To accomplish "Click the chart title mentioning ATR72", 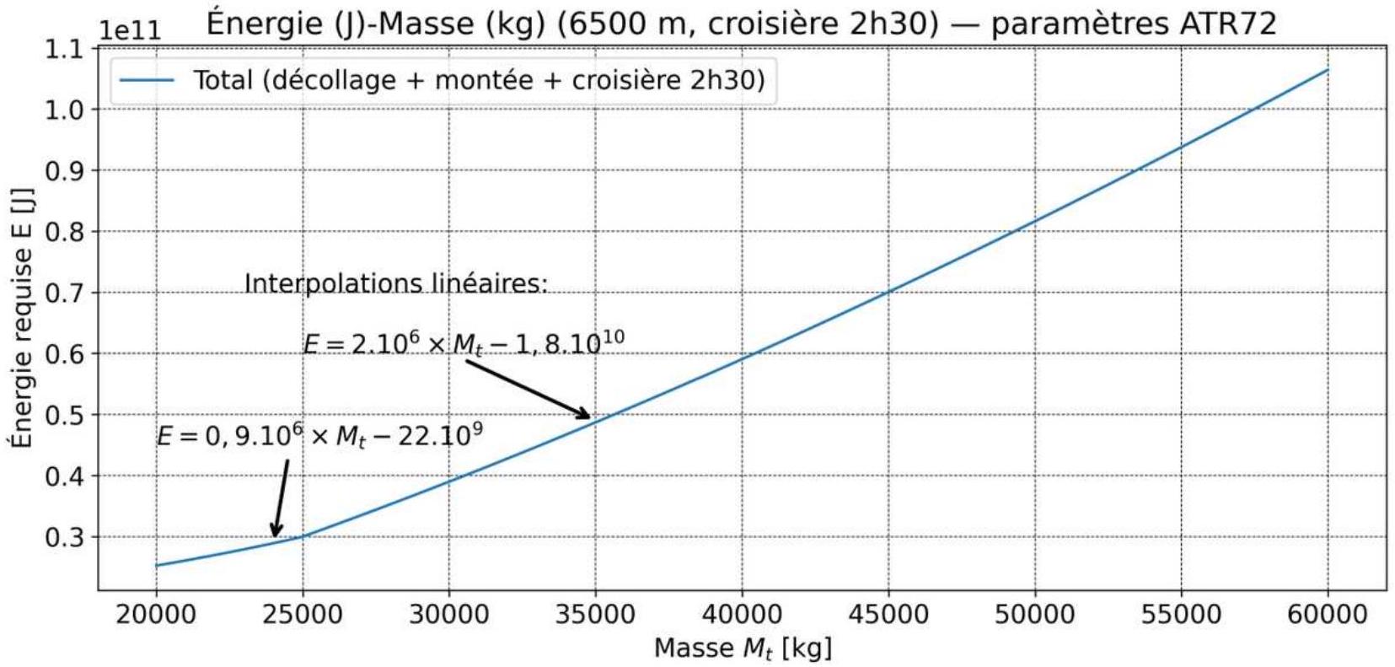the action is click(741, 24).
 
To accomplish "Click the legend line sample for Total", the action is click(147, 80).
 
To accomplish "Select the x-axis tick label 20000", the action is click(156, 615).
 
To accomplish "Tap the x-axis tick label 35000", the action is click(595, 615).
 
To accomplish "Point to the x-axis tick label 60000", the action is click(1328, 615).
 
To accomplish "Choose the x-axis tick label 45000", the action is click(888, 615).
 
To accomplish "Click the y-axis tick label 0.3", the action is click(65, 537).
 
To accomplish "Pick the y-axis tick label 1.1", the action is click(65, 49).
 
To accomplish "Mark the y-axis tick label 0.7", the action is click(65, 293).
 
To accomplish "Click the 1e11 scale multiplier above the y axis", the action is click(130, 30).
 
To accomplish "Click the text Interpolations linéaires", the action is click(396, 283).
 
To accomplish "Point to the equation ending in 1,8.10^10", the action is click(464, 343).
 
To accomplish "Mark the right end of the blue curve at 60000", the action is click(1328, 70).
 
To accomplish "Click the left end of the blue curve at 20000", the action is click(156, 566).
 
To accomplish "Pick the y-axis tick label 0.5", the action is click(65, 415).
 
